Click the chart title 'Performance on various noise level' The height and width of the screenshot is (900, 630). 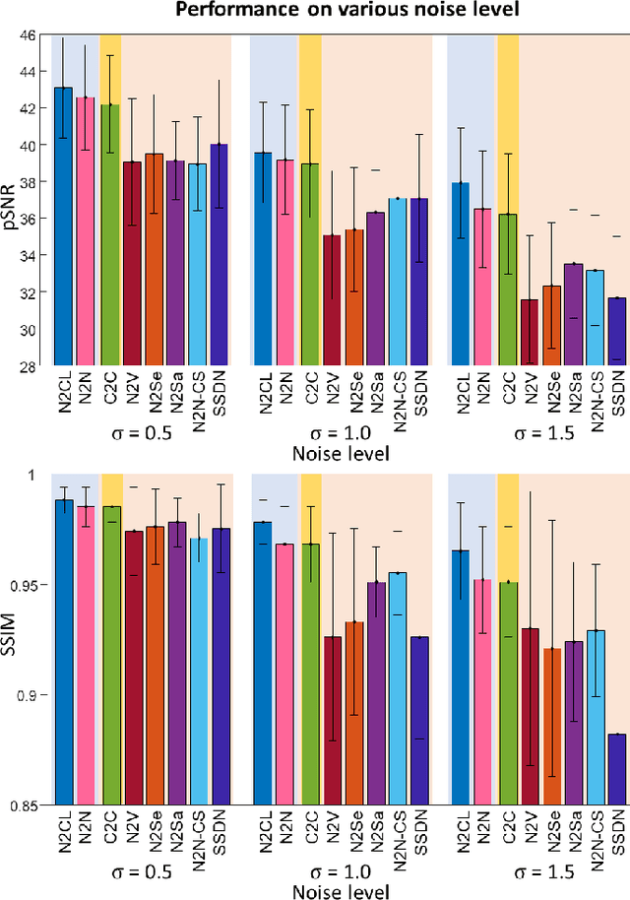pos(320,11)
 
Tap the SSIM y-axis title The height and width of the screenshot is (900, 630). pos(9,640)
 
